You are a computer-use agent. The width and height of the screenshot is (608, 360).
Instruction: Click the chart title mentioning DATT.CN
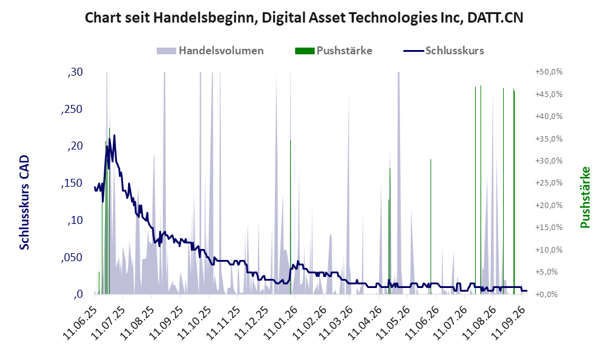(304, 18)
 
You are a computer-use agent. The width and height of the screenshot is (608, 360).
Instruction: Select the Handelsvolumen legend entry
(210, 51)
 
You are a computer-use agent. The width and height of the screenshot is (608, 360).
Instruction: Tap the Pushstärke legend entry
(334, 51)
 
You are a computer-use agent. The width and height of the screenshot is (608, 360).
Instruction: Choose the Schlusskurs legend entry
(443, 51)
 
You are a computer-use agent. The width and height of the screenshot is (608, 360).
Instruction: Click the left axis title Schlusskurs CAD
(24, 203)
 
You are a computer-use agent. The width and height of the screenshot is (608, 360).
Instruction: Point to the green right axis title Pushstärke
(585, 198)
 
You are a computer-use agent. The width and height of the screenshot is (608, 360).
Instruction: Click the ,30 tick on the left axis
(75, 72)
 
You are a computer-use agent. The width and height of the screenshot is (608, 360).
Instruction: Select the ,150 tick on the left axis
(72, 183)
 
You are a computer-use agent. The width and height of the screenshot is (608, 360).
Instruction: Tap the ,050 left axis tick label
(72, 257)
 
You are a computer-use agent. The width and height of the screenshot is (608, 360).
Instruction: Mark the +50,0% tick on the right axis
(549, 72)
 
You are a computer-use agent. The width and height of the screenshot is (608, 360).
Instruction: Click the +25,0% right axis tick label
(549, 182)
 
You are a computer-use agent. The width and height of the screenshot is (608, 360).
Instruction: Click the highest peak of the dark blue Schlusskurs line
(114, 135)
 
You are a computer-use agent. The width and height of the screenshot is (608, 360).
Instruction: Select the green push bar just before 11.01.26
(290, 217)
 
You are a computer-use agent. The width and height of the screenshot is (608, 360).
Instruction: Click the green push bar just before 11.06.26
(431, 226)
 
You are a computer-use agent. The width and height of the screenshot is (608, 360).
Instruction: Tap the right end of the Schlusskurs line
(526, 290)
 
